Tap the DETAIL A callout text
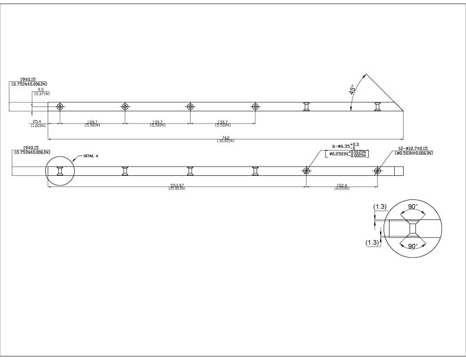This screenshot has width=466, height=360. (x=91, y=156)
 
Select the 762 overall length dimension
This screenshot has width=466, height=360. (x=225, y=138)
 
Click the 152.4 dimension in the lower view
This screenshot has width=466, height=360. (x=341, y=185)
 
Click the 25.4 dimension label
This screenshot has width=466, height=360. (x=36, y=122)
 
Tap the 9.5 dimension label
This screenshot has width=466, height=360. (x=41, y=90)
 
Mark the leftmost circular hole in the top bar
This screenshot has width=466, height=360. (x=59, y=106)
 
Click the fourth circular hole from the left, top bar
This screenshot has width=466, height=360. (x=255, y=106)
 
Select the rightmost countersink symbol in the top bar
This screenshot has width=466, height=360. (x=377, y=106)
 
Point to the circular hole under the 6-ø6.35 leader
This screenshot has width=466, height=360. (x=306, y=171)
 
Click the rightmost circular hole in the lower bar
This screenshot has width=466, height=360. (x=377, y=171)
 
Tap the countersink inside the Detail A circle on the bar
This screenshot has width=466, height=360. (x=59, y=171)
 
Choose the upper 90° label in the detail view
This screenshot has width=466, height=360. (x=412, y=207)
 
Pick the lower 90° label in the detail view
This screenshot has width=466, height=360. (x=412, y=245)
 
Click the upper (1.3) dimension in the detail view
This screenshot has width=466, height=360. (x=380, y=207)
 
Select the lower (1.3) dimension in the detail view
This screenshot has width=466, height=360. (x=371, y=242)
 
